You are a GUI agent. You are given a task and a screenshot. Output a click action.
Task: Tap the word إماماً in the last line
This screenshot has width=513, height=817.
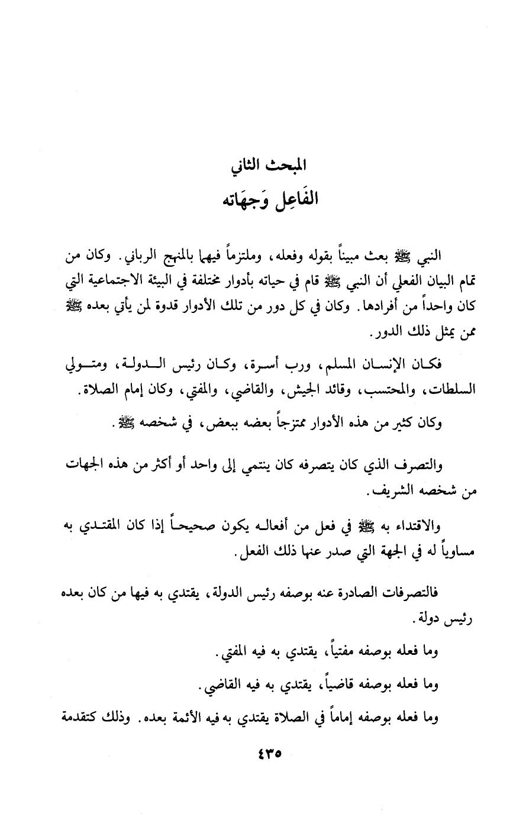click(x=329, y=718)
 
